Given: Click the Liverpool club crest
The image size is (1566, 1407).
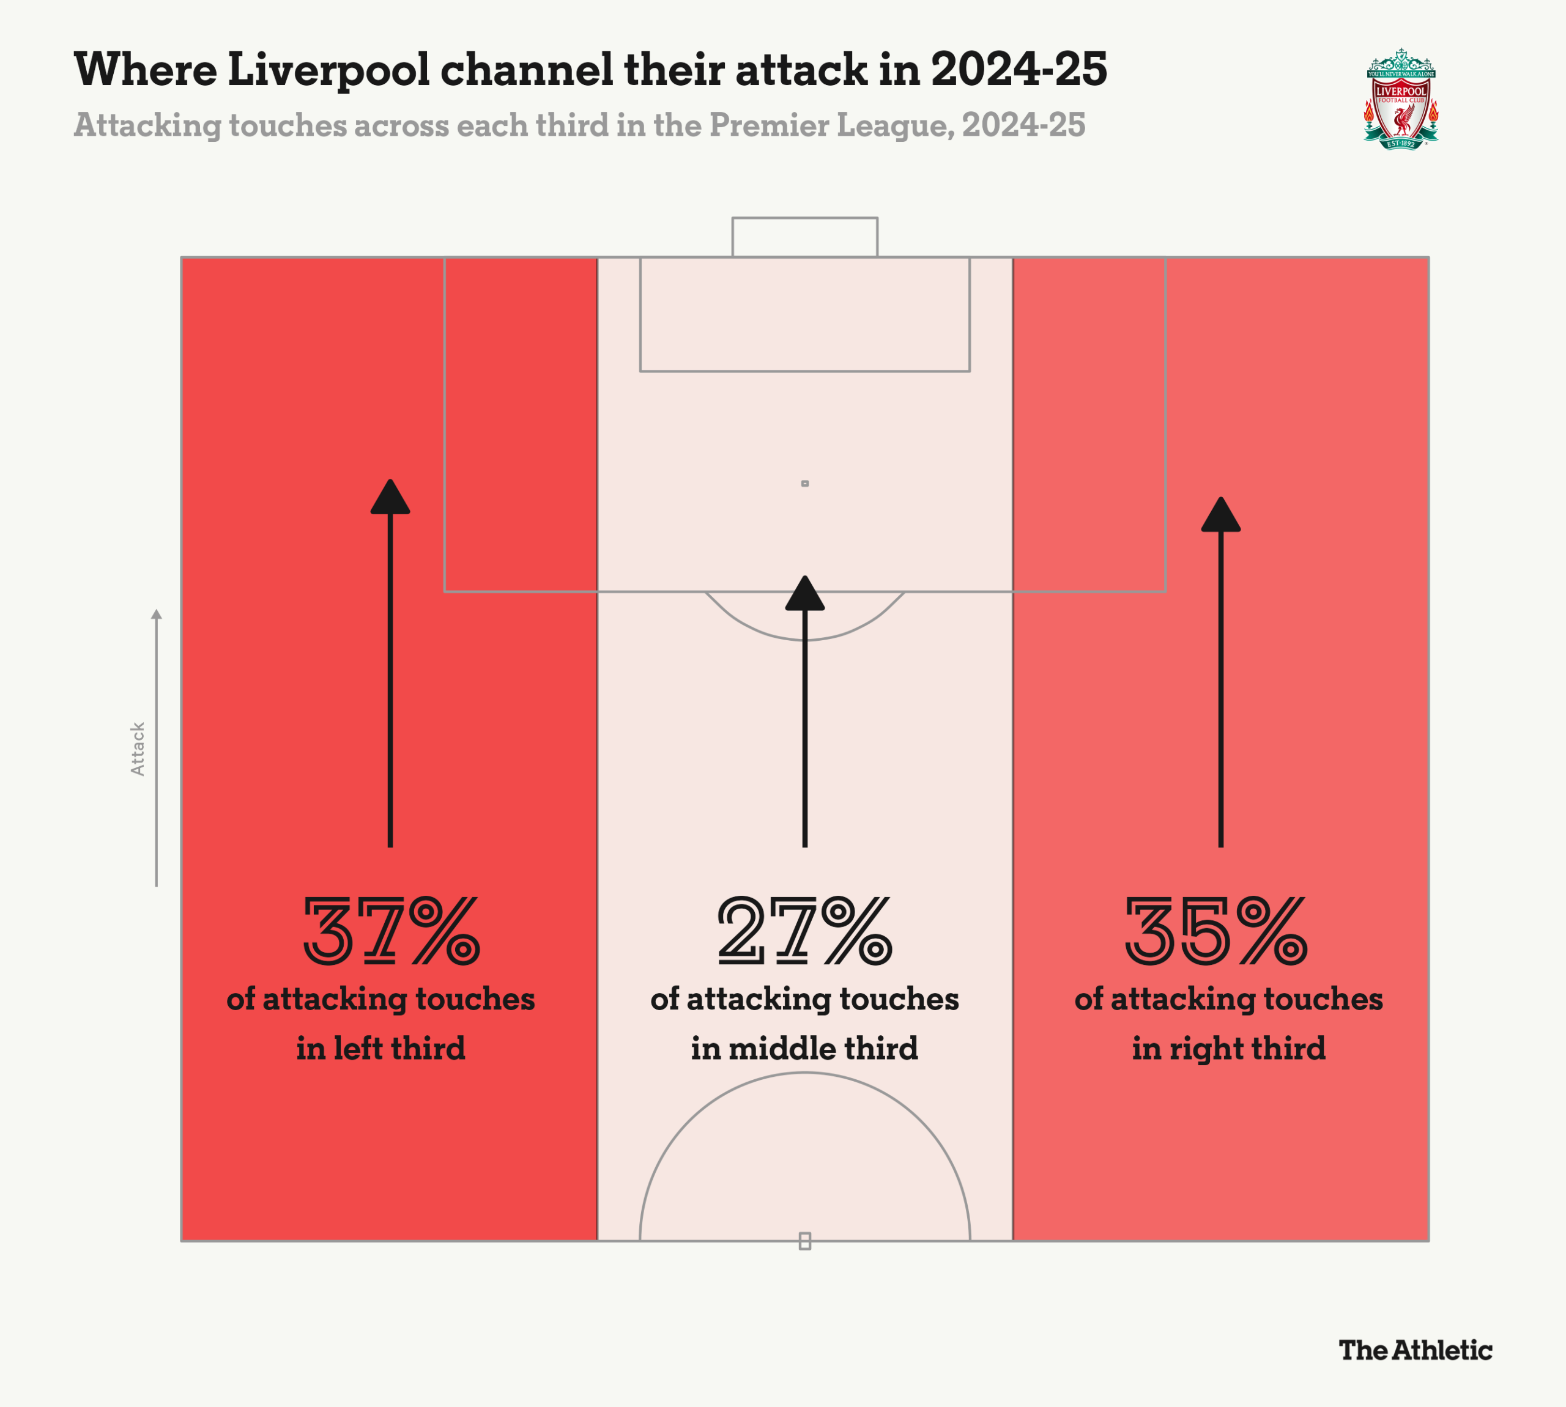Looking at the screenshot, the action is click(x=1400, y=99).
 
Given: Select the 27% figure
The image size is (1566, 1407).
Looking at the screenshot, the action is click(x=804, y=931).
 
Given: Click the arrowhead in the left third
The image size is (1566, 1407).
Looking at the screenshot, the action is click(x=390, y=498).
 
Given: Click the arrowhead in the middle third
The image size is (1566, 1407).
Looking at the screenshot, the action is click(x=804, y=594).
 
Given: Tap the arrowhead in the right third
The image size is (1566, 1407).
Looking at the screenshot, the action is click(x=1220, y=515).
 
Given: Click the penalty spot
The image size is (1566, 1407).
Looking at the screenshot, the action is click(x=804, y=483).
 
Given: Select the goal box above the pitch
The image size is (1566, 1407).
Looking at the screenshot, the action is click(x=804, y=237).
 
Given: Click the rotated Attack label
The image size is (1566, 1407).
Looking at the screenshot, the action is click(x=138, y=749).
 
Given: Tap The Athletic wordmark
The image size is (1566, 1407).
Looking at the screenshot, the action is click(x=1415, y=1350).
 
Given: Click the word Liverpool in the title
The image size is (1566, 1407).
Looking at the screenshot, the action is click(x=328, y=70).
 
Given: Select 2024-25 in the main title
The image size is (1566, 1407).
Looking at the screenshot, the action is click(x=1019, y=69).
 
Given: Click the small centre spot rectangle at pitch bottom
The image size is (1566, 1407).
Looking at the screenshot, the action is click(x=804, y=1241).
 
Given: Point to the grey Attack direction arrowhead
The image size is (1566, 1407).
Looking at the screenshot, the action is click(x=156, y=615).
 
